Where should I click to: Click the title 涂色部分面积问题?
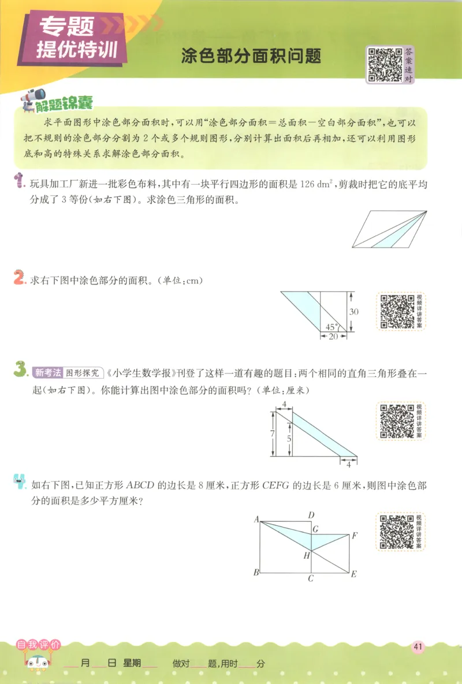251,56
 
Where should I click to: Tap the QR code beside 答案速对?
385,65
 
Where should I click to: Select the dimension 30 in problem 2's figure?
354,312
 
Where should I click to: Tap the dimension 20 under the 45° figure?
333,337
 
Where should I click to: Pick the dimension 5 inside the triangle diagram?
288,437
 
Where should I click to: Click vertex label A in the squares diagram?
256,519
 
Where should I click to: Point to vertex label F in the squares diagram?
355,535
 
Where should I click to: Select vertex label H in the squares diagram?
307,555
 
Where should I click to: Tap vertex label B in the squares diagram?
256,573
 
